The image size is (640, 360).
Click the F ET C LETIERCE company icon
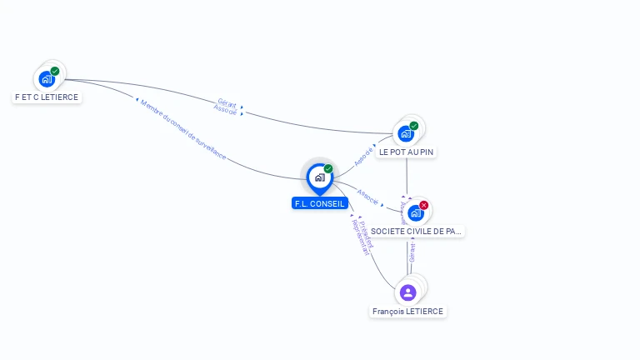click(47, 79)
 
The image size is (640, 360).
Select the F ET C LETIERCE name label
click(47, 97)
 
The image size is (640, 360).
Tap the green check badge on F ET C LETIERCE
click(55, 71)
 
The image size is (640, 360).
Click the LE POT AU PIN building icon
click(406, 133)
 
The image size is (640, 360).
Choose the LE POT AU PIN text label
click(407, 152)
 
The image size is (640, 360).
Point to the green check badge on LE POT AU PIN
click(414, 126)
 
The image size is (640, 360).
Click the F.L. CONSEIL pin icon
click(319, 177)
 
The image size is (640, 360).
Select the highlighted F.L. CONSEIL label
click(319, 203)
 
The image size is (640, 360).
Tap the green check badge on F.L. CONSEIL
click(328, 168)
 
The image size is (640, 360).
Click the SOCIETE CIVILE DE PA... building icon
click(415, 212)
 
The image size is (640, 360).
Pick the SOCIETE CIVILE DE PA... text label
click(416, 231)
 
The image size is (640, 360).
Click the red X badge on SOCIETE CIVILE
click(424, 205)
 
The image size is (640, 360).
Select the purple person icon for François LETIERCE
click(407, 292)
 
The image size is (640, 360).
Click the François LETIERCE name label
click(407, 311)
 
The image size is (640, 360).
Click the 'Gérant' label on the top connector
click(227, 102)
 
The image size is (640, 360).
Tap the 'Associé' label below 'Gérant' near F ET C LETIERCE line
click(225, 110)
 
